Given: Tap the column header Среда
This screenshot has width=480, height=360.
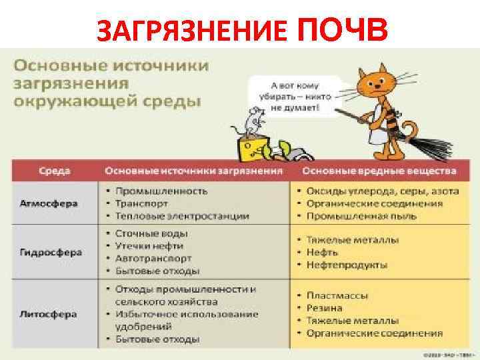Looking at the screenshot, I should (x=55, y=171).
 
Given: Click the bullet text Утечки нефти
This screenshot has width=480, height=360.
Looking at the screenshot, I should (x=151, y=245).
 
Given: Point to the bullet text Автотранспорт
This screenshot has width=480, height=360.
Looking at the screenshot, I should (x=153, y=258).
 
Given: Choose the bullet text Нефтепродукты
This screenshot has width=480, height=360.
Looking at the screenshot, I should (x=347, y=265).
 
